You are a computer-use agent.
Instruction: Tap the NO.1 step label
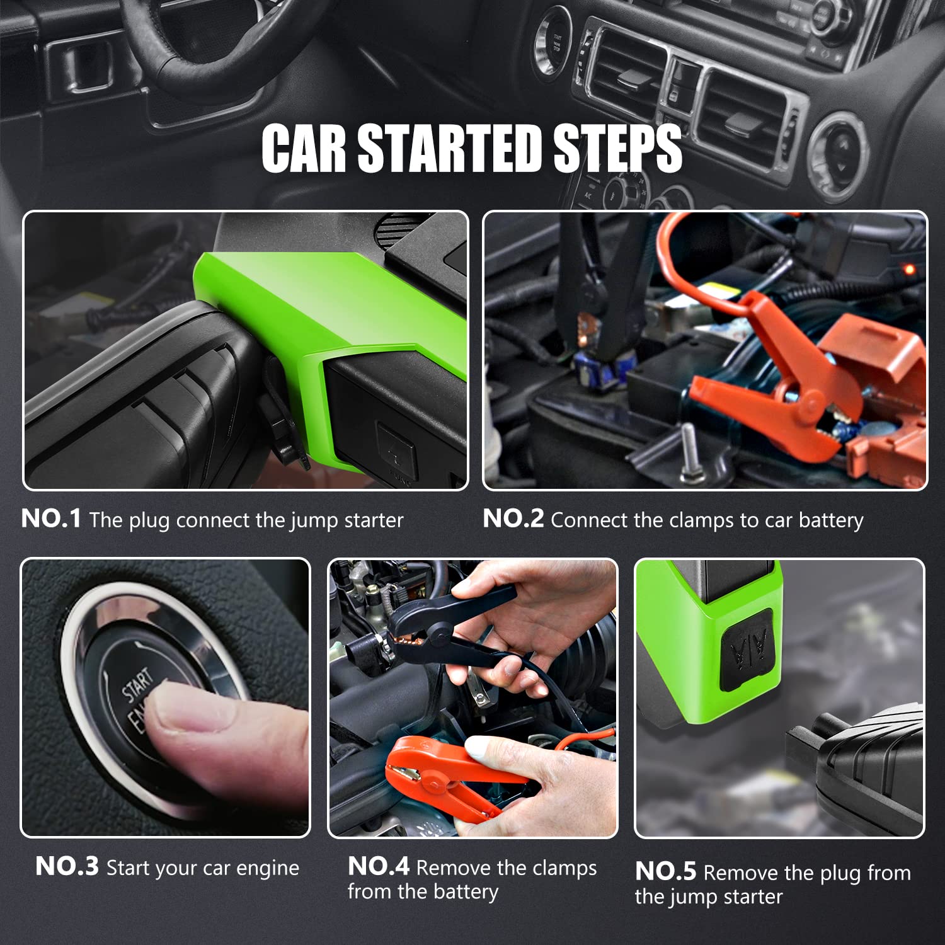(51, 518)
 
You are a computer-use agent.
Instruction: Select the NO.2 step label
(513, 518)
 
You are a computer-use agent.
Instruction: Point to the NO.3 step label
(67, 866)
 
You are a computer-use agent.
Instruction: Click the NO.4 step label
(379, 866)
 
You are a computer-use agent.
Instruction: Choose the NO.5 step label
(665, 871)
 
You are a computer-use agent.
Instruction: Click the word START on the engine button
(138, 684)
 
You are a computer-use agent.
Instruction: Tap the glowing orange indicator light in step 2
(908, 269)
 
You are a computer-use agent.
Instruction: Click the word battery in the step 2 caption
(831, 521)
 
